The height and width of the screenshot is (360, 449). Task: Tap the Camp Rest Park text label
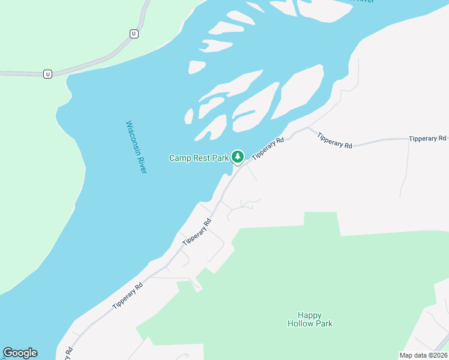point(199,158)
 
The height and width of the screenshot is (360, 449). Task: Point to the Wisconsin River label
point(136,148)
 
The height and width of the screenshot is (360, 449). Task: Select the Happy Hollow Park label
point(310,319)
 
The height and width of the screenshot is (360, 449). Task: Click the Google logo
point(20,353)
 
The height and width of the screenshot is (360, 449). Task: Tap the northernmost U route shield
point(134,34)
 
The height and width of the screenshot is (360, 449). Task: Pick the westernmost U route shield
point(47,74)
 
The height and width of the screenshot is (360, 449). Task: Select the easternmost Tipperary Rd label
point(427,139)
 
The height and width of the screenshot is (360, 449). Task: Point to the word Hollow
point(301,324)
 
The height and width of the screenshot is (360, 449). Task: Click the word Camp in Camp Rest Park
point(179,158)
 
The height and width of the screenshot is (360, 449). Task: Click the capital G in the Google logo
point(8,353)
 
